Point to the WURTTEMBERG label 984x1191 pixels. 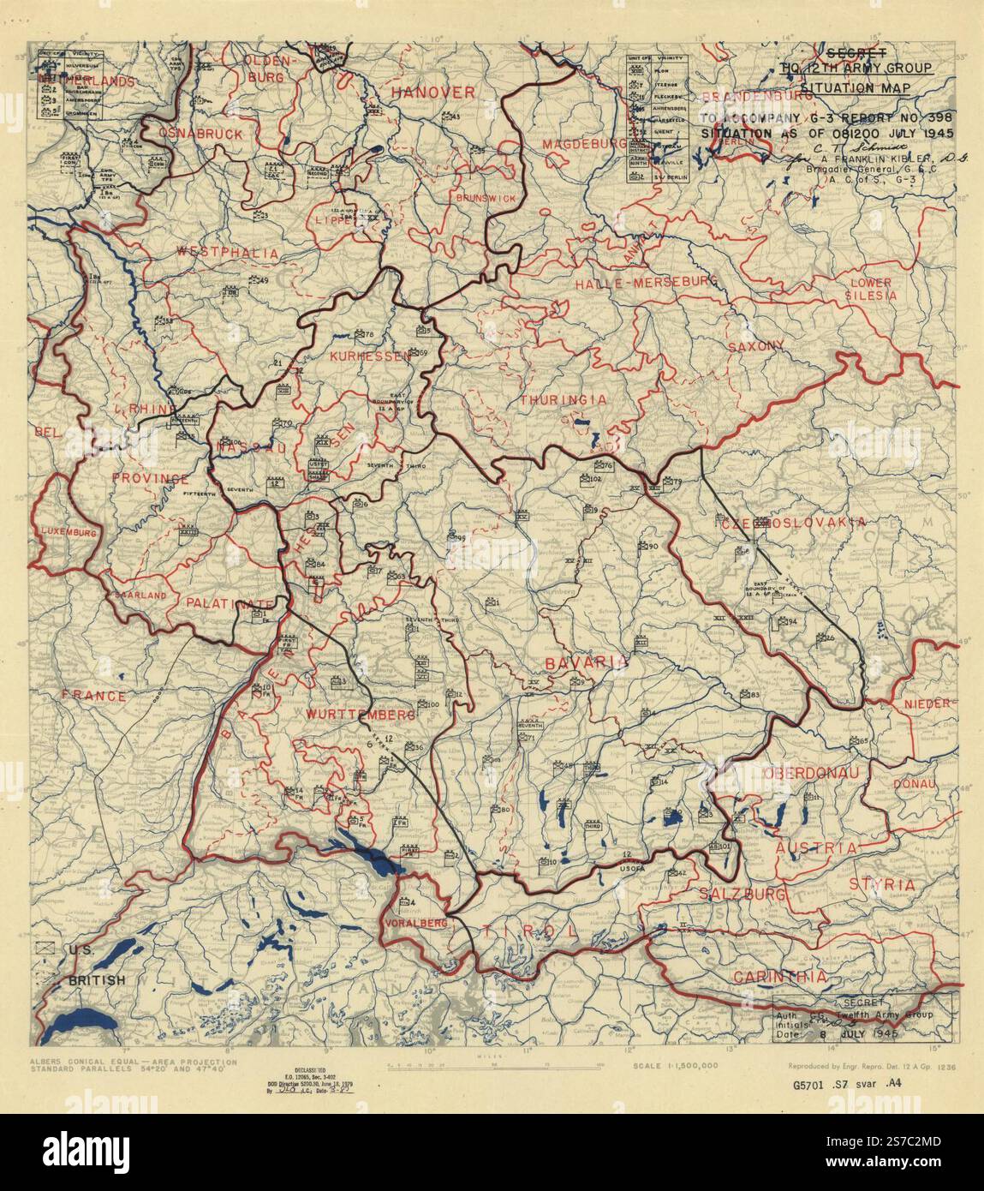[x=373, y=715]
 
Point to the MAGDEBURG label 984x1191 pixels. [x=585, y=145]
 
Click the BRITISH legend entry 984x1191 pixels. [x=97, y=980]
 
